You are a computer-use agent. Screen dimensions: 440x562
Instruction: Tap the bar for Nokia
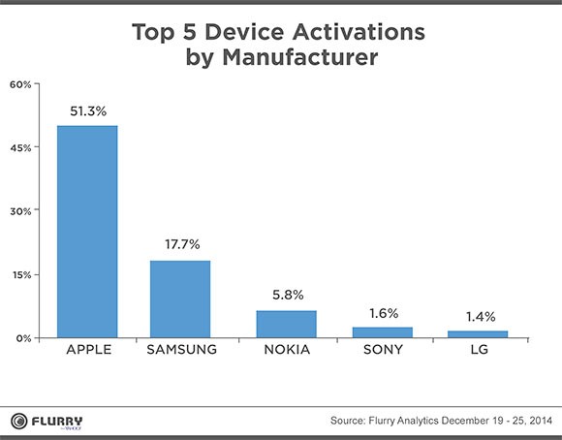[285, 324]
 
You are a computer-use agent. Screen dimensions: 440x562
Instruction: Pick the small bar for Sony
[383, 332]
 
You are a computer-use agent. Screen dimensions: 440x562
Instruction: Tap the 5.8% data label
[285, 296]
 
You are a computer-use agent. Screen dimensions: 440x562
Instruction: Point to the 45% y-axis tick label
[21, 147]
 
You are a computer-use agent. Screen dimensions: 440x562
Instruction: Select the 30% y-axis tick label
[21, 210]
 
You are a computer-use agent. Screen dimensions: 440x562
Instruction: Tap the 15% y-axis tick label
[21, 274]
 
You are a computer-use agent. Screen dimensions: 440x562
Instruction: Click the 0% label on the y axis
[24, 338]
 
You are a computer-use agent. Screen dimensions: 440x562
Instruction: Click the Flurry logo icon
[19, 420]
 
